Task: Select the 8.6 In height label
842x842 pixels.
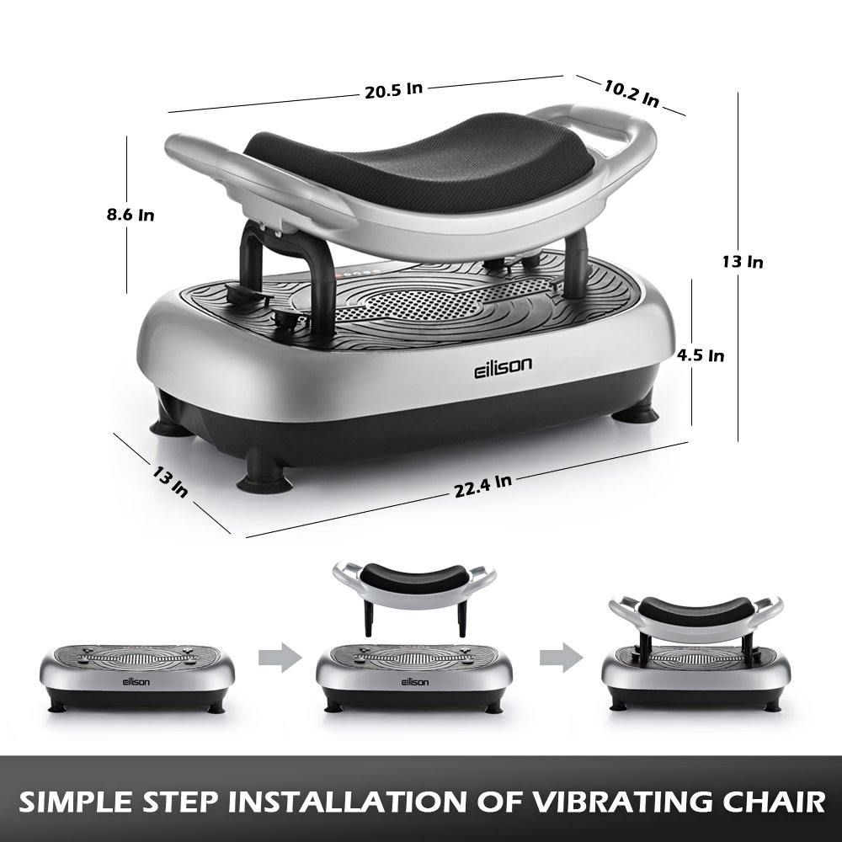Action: [x=131, y=214]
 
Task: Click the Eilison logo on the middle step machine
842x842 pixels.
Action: [x=413, y=680]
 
